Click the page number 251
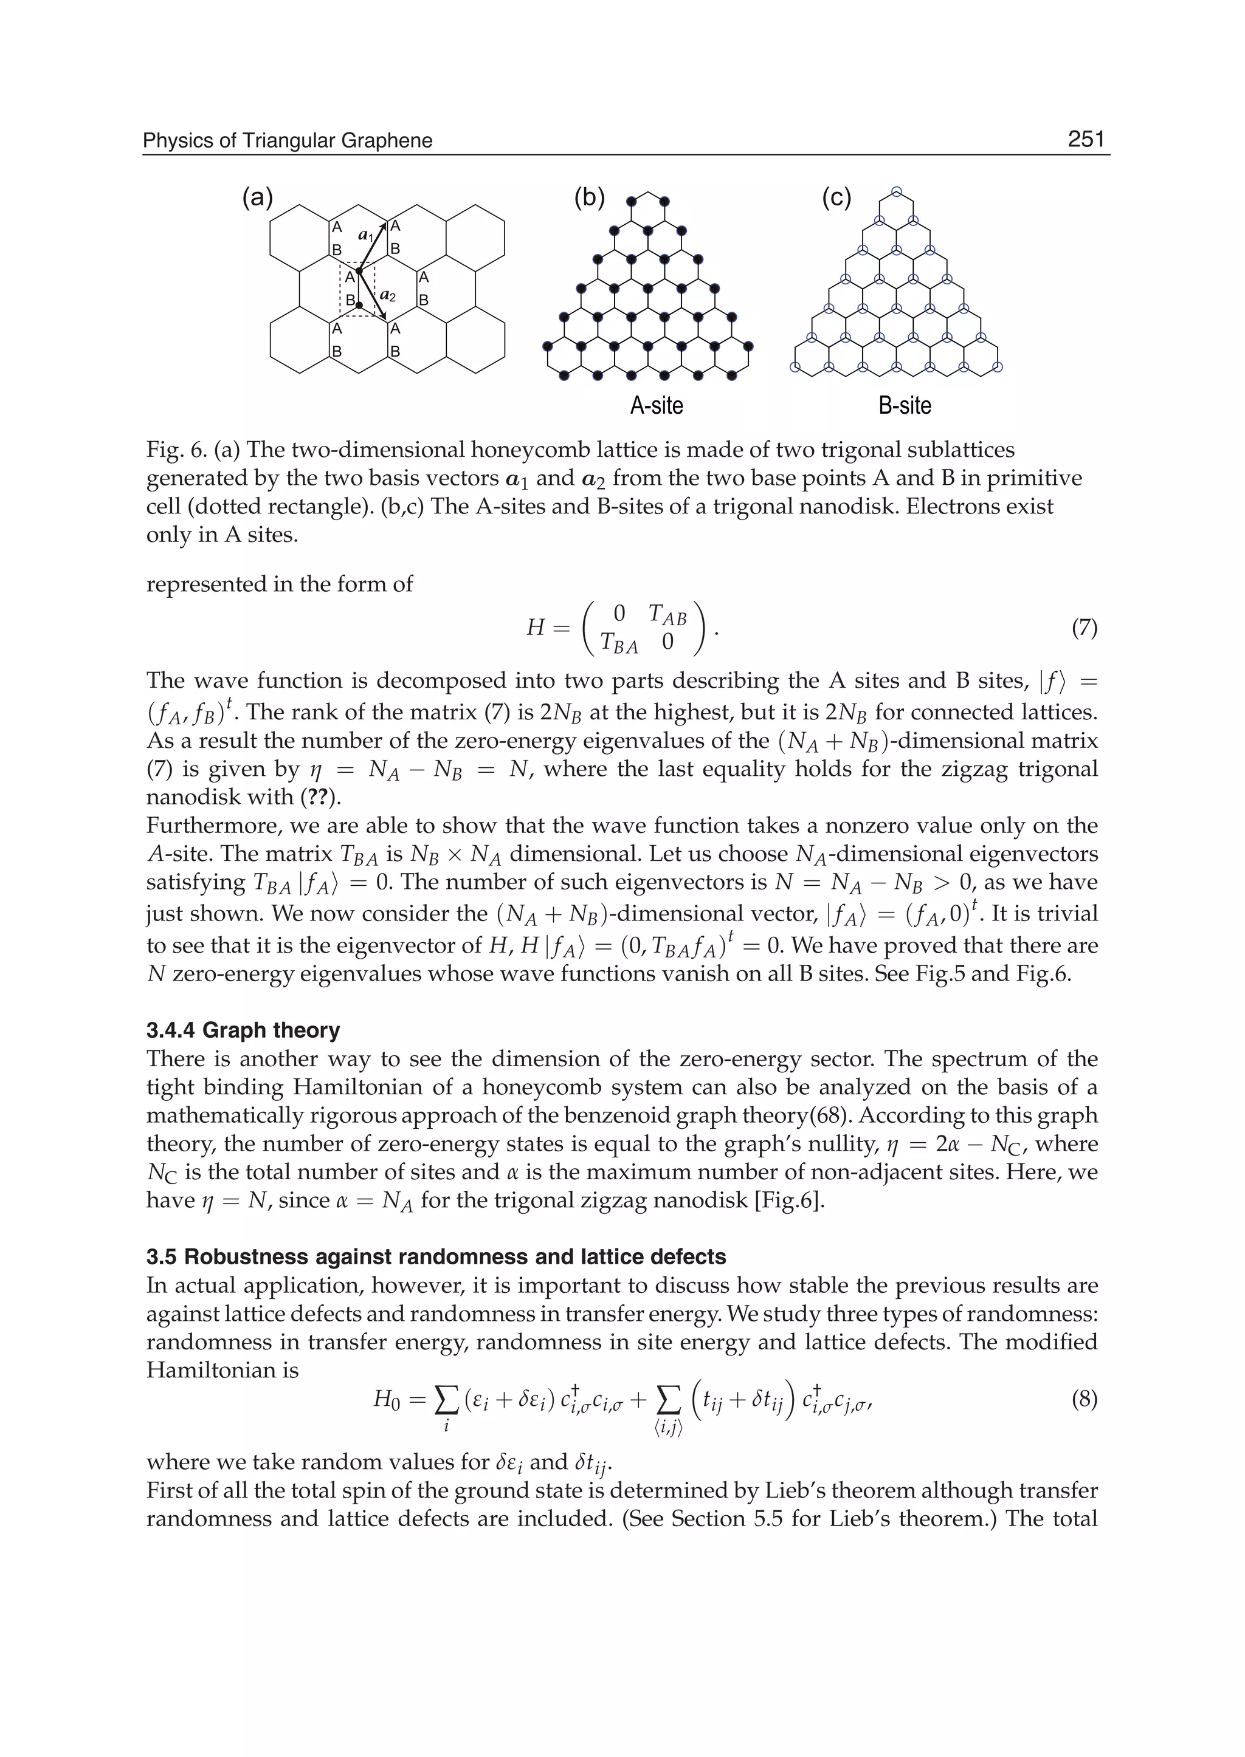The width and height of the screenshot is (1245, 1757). point(1086,140)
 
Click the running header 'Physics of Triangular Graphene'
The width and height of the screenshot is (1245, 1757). point(288,141)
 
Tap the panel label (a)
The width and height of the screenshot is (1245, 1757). point(258,197)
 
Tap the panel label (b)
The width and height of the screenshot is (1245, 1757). point(590,197)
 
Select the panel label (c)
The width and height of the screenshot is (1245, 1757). point(836,197)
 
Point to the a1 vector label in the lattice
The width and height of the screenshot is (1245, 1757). point(366,236)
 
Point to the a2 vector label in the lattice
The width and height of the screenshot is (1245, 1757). point(387,296)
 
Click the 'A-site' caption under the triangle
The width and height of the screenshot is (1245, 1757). point(656,405)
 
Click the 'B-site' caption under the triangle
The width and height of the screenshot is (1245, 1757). point(905,405)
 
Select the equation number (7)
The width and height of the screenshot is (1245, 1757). point(1084,628)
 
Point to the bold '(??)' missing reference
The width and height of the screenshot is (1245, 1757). point(323,798)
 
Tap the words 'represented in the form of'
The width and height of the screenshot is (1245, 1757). point(279,584)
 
